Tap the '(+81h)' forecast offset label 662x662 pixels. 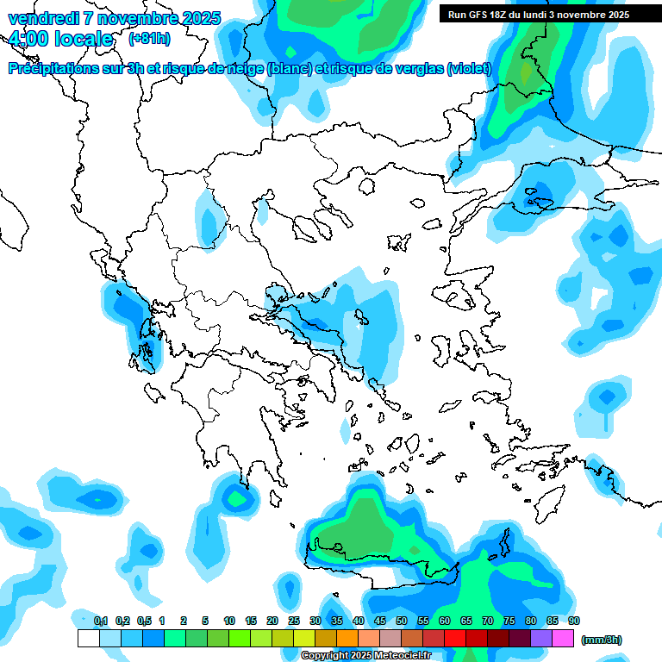coord(149,39)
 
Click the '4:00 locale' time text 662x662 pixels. coord(60,40)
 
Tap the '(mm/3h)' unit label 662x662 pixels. coord(601,640)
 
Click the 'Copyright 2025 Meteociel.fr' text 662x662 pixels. coord(365,656)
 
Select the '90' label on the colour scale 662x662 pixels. coord(574,621)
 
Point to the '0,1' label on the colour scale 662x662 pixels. coord(100,621)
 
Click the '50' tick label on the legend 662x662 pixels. coord(402,621)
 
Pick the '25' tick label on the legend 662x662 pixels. coord(294,621)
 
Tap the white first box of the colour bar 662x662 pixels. coord(88,638)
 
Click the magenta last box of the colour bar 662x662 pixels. coord(563,638)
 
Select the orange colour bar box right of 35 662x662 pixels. coord(347,638)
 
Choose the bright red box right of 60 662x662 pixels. coord(455,638)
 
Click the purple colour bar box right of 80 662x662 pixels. coord(541,638)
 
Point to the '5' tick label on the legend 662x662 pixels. coord(205,621)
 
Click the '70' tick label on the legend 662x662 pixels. coord(488,621)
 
